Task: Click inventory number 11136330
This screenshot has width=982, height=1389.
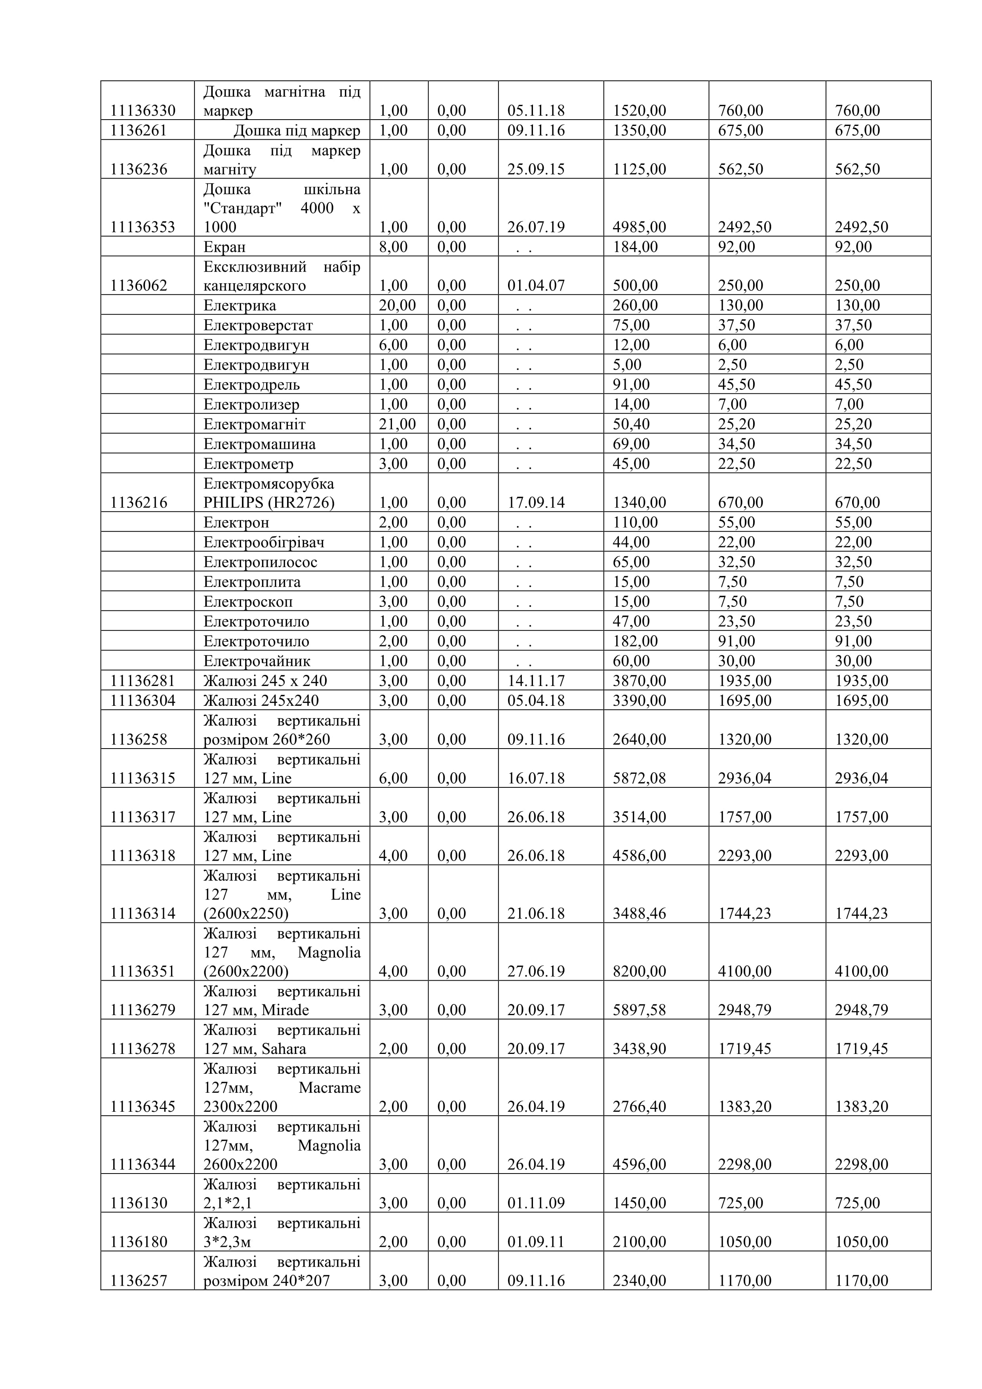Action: (x=143, y=111)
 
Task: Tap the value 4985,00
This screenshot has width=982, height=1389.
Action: (x=639, y=227)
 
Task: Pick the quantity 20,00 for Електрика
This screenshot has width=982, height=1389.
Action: (x=397, y=305)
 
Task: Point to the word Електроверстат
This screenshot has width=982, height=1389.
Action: (x=258, y=326)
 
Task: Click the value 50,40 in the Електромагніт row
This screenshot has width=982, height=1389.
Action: (x=631, y=425)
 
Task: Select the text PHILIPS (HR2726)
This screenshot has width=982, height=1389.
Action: (x=268, y=503)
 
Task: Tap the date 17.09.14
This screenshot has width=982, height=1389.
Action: (x=536, y=503)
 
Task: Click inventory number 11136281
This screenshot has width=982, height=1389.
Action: (x=143, y=681)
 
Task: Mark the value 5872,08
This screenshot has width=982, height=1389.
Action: (x=639, y=779)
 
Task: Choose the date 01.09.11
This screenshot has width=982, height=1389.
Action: (x=536, y=1242)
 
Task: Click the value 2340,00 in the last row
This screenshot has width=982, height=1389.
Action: (x=639, y=1281)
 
